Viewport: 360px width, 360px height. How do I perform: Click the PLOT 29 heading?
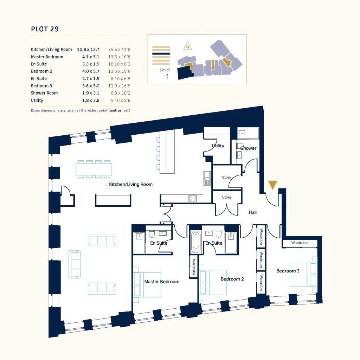(45, 29)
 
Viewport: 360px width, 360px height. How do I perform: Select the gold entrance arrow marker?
(272, 185)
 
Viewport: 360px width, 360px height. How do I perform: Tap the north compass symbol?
(188, 46)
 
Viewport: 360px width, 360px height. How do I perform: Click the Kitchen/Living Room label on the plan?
(131, 184)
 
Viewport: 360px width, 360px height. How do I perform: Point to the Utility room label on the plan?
(218, 146)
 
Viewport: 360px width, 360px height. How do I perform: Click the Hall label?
(252, 212)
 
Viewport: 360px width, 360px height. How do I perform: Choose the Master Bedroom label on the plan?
(162, 282)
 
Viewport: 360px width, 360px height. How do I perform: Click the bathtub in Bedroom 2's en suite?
(195, 242)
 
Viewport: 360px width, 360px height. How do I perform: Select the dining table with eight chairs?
(94, 169)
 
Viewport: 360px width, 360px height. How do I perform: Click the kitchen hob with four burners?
(192, 198)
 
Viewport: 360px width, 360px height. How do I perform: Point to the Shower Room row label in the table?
(44, 93)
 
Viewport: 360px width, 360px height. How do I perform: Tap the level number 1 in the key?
(167, 77)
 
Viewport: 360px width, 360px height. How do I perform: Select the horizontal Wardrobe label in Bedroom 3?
(300, 243)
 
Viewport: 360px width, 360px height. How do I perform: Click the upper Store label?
(227, 178)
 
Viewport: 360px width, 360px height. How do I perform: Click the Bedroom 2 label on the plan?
(232, 279)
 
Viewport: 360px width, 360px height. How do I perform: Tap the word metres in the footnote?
(116, 110)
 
